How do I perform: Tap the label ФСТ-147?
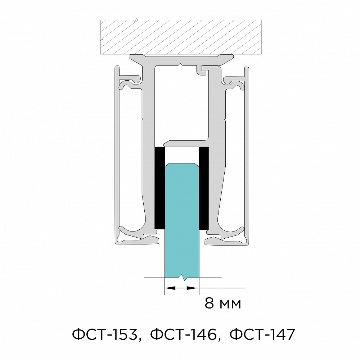click(x=262, y=334)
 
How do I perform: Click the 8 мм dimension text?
click(x=223, y=303)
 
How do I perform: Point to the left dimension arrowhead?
click(x=170, y=288)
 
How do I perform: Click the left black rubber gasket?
click(x=160, y=188)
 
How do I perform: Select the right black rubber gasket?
click(x=204, y=188)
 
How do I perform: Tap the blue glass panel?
click(x=182, y=220)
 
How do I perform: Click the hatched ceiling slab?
click(x=181, y=37)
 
